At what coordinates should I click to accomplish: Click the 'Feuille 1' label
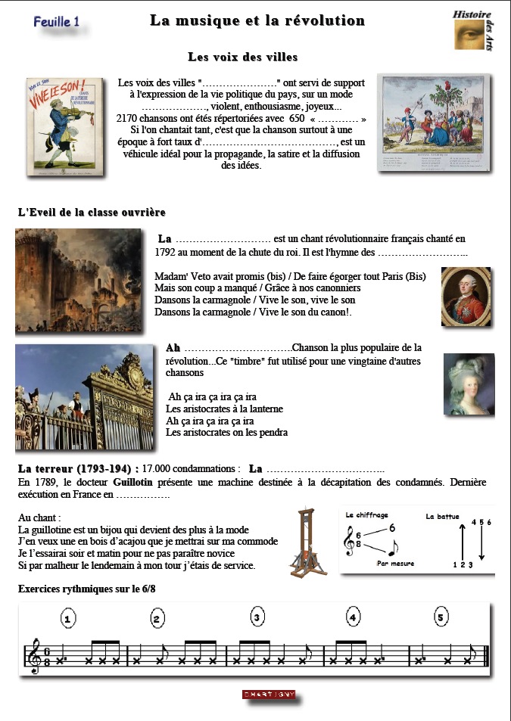pyautogui.click(x=57, y=23)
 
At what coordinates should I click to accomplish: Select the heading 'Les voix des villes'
pyautogui.click(x=242, y=57)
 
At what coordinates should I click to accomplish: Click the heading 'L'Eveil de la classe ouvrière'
pyautogui.click(x=92, y=213)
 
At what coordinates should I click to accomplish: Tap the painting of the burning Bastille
pyautogui.click(x=78, y=280)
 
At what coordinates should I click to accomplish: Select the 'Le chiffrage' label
pyautogui.click(x=368, y=515)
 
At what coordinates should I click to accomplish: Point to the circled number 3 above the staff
pyautogui.click(x=257, y=618)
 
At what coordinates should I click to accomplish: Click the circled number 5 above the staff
pyautogui.click(x=441, y=618)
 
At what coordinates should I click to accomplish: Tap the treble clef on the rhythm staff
pyautogui.click(x=35, y=656)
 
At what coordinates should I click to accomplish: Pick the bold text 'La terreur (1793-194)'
pyautogui.click(x=77, y=468)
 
